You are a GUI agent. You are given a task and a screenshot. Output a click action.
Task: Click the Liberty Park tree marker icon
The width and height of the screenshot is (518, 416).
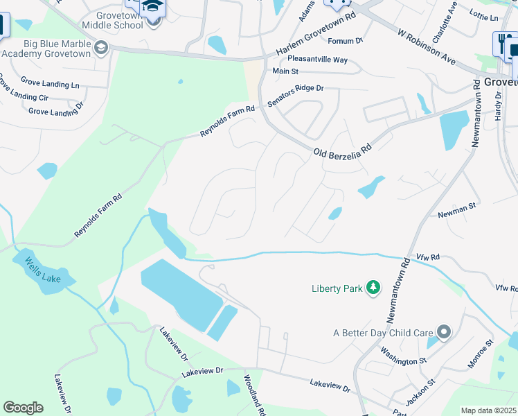373,288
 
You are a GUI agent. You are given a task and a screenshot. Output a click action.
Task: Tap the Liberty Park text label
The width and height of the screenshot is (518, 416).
337,288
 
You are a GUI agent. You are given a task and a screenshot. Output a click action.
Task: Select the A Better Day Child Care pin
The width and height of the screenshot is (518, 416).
444,333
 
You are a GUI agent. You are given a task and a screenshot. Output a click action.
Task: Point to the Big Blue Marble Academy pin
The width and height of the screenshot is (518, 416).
102,47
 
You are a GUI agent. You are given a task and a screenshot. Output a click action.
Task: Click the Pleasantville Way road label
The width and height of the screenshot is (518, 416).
317,60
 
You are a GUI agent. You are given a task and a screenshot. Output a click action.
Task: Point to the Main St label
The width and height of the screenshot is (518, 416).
285,71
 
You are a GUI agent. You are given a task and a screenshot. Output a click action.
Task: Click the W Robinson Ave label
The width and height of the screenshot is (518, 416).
427,46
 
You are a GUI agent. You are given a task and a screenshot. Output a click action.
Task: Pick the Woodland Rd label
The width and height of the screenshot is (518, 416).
253,395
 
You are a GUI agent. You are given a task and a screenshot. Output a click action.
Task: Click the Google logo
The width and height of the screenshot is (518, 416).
23,408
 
